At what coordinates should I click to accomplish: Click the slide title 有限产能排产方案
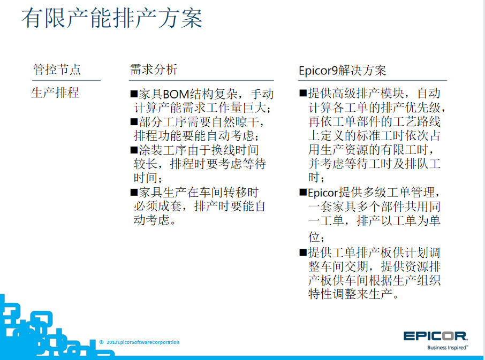tap(112, 18)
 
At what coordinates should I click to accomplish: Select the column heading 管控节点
tap(57, 70)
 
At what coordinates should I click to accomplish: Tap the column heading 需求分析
tap(154, 69)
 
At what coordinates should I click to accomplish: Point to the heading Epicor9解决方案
tap(343, 71)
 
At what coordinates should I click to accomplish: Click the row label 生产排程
tap(55, 93)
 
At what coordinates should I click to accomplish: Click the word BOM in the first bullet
tap(176, 94)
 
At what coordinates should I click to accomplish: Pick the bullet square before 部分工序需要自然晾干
tap(134, 121)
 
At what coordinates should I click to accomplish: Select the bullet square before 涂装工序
tap(134, 150)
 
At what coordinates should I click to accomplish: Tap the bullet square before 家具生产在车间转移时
tap(134, 192)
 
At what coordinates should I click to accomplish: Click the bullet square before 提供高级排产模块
tap(303, 93)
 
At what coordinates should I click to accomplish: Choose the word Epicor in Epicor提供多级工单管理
tap(323, 193)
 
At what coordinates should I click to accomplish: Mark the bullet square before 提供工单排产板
tap(303, 252)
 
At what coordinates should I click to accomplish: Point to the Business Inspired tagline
tap(448, 348)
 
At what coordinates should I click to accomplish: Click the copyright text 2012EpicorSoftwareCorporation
tap(143, 342)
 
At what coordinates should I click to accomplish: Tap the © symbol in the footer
tap(102, 342)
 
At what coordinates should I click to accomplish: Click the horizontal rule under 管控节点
tap(66, 80)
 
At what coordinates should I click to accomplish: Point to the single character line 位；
tap(316, 237)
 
